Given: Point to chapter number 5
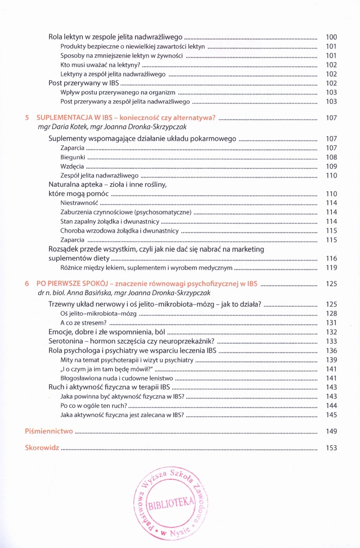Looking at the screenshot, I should pyautogui.click(x=27, y=118).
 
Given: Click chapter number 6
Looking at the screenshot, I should pyautogui.click(x=27, y=284).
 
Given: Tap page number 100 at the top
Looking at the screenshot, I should pyautogui.click(x=331, y=37).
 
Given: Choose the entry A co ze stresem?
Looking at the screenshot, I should pyautogui.click(x=84, y=323).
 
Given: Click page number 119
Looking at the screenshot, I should pyautogui.click(x=331, y=267).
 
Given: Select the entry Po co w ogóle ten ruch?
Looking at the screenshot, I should pyautogui.click(x=94, y=406).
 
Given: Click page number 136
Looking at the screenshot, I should pyautogui.click(x=331, y=350).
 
